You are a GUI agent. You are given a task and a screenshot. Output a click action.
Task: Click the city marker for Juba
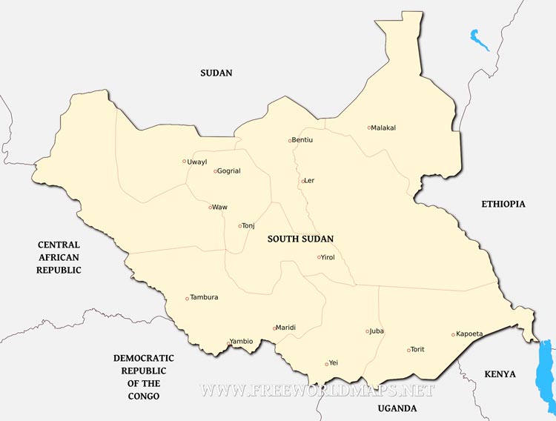pyautogui.click(x=367, y=331)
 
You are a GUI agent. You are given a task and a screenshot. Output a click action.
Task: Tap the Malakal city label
pyautogui.click(x=384, y=127)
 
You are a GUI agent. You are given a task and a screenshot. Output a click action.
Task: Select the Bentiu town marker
pyautogui.click(x=290, y=140)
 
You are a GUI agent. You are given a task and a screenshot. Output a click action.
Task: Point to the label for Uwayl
pyautogui.click(x=197, y=161)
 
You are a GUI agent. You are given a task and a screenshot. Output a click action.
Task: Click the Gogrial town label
pyautogui.click(x=229, y=171)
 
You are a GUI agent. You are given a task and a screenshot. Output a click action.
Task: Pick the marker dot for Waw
pyautogui.click(x=211, y=207)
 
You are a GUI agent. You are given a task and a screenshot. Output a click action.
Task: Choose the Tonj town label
pyautogui.click(x=248, y=225)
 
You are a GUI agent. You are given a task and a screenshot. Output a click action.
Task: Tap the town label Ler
pyautogui.click(x=310, y=180)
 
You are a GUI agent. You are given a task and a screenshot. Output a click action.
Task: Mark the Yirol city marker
pyautogui.click(x=320, y=257)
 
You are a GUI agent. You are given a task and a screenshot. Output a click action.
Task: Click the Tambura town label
pyautogui.click(x=204, y=297)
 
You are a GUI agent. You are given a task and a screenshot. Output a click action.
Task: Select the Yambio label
pyautogui.click(x=242, y=341)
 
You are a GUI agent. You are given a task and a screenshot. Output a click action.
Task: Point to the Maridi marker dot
pyautogui.click(x=275, y=328)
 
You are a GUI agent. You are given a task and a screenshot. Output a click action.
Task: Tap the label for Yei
pyautogui.click(x=333, y=363)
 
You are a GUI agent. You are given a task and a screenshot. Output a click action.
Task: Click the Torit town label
pyautogui.click(x=417, y=349)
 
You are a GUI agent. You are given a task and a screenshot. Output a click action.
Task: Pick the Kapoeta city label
pyautogui.click(x=469, y=334)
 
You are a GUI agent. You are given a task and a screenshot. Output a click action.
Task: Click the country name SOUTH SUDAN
pyautogui.click(x=300, y=239)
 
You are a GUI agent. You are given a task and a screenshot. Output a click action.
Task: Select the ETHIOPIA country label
pyautogui.click(x=503, y=204)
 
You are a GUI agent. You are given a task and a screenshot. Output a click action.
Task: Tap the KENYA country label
pyautogui.click(x=500, y=374)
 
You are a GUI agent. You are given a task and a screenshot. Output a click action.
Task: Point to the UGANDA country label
pyautogui.click(x=397, y=408)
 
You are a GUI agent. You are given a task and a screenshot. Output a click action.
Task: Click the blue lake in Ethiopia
pyautogui.click(x=480, y=39)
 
